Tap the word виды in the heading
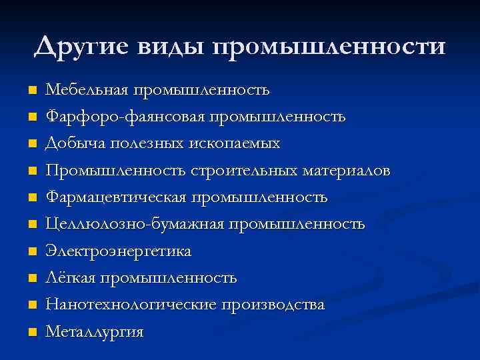169,47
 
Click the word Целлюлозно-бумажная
135,224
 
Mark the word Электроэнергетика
118,251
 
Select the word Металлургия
94,332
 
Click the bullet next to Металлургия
32,332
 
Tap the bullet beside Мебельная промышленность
32,90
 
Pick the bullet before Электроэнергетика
32,251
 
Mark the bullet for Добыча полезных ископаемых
32,144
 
